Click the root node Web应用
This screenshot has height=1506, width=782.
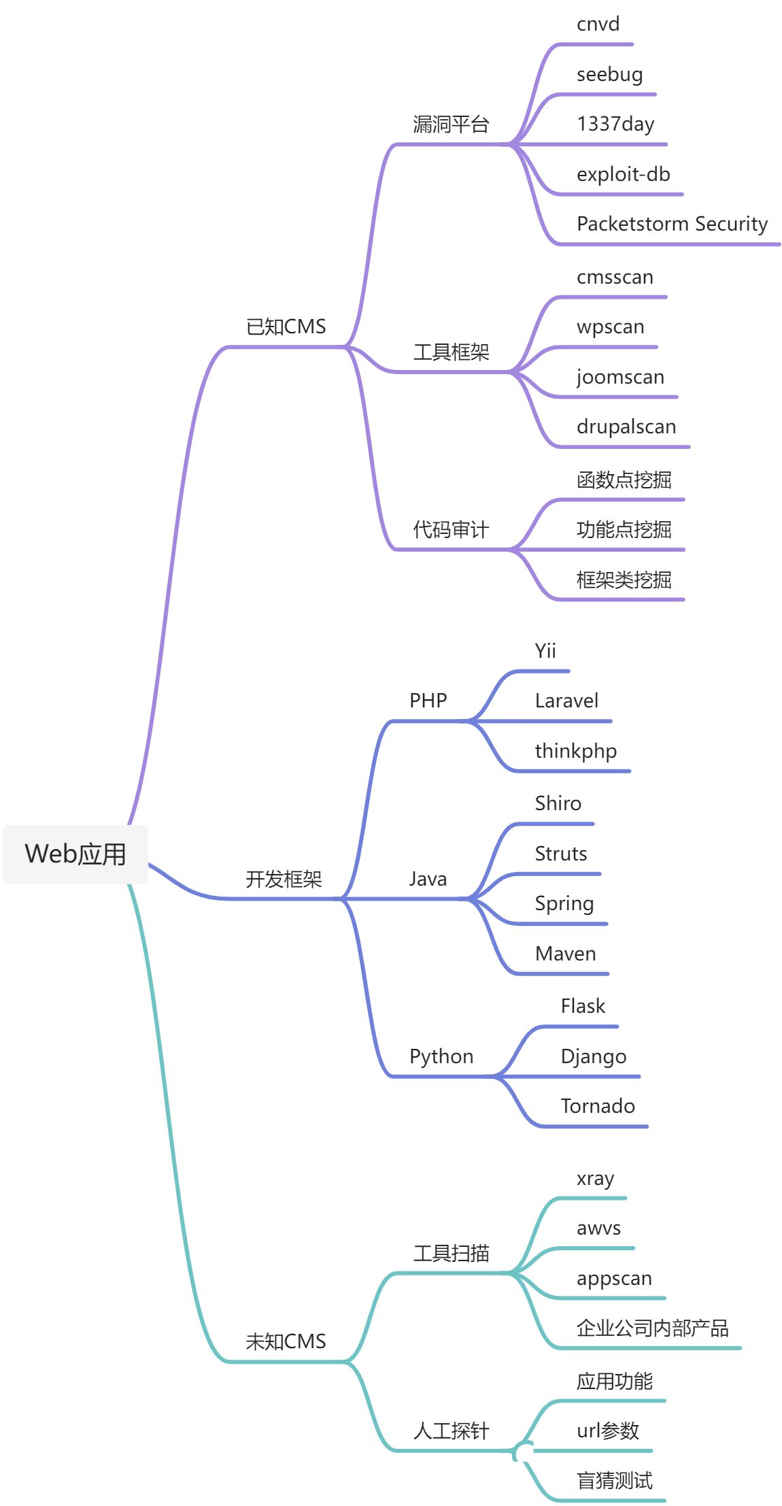click(x=75, y=854)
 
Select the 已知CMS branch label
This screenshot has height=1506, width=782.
click(x=286, y=327)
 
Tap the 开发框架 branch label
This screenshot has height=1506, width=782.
click(x=284, y=880)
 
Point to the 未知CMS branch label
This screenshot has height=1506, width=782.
click(x=286, y=1341)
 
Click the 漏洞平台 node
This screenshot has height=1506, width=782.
click(x=451, y=124)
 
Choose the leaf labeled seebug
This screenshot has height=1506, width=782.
click(x=609, y=74)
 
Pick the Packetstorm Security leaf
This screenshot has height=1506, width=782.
click(x=672, y=224)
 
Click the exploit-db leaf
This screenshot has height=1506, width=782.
click(x=623, y=174)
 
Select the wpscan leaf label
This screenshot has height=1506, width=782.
click(x=610, y=327)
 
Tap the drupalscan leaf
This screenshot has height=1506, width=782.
click(x=626, y=427)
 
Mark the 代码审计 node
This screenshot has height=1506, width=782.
click(x=451, y=530)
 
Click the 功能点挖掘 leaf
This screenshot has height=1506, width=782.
click(x=624, y=530)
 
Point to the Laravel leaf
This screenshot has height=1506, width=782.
click(x=566, y=701)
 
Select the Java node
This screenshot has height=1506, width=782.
click(x=428, y=880)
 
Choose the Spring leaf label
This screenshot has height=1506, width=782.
click(x=564, y=904)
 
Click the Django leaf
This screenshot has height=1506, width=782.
click(x=594, y=1057)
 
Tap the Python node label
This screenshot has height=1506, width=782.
click(x=441, y=1057)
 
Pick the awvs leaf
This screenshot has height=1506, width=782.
click(x=598, y=1228)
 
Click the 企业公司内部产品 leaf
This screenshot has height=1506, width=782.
click(x=652, y=1328)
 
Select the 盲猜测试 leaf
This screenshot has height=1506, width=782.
click(x=614, y=1481)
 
